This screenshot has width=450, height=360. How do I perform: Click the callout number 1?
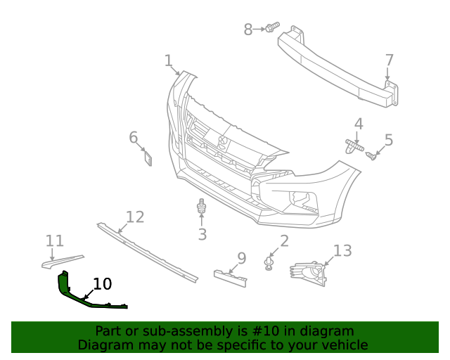(168, 60)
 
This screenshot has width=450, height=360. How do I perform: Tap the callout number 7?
(389, 60)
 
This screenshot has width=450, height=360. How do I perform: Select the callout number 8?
(248, 30)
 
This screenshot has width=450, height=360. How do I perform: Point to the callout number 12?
(134, 217)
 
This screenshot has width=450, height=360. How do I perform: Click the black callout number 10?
(103, 284)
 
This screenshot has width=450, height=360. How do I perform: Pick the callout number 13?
(342, 251)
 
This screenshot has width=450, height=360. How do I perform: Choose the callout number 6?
(134, 137)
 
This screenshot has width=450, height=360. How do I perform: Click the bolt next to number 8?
(270, 29)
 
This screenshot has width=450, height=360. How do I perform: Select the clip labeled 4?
(354, 146)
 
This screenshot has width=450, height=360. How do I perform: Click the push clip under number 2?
(269, 264)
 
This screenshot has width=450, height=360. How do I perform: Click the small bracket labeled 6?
(148, 157)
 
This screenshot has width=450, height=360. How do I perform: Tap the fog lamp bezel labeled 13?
(310, 273)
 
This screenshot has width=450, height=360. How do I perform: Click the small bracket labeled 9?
(231, 277)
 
